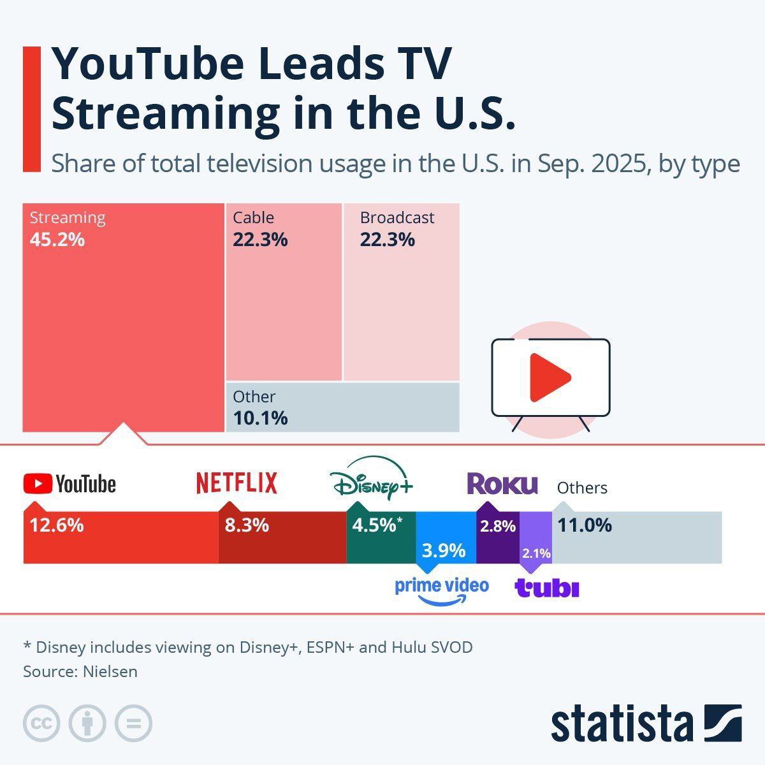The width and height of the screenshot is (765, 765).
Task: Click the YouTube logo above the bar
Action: [69, 484]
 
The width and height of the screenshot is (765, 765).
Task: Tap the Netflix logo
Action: [237, 483]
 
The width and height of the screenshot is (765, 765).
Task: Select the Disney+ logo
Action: [372, 479]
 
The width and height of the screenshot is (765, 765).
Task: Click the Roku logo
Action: [502, 484]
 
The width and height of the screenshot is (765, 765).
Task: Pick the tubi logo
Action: [547, 588]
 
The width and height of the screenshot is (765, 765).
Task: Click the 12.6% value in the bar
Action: [57, 525]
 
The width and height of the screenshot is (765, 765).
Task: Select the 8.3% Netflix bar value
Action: [247, 525]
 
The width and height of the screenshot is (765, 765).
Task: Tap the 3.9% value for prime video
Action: [444, 550]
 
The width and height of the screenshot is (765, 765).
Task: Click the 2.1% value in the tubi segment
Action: [536, 553]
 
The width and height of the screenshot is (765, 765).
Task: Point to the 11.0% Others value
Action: [585, 525]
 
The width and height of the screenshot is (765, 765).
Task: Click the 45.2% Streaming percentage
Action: [57, 240]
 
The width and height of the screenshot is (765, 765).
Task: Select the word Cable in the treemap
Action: [253, 217]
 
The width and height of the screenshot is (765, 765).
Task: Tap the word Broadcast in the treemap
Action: [397, 217]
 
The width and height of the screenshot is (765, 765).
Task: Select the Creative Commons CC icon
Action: [41, 724]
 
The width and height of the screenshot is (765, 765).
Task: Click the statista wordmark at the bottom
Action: [622, 724]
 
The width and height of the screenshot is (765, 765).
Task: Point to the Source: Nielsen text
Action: [80, 671]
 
